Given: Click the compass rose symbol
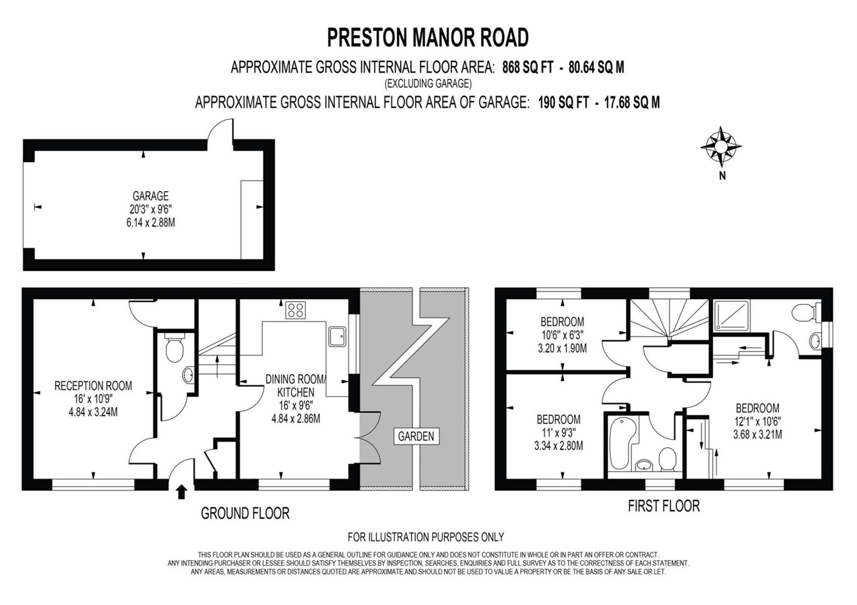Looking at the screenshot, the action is [x=721, y=147].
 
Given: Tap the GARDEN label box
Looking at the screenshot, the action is [x=416, y=436].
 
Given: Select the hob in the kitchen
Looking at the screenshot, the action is [x=295, y=310].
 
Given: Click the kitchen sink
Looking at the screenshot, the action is [x=337, y=337].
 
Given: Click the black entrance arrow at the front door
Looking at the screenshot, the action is [x=182, y=492].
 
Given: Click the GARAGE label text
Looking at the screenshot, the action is [x=150, y=196].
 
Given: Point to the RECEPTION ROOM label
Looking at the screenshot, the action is [x=93, y=386].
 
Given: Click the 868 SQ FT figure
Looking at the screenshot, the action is [x=527, y=68].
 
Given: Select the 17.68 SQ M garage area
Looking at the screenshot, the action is [x=632, y=103].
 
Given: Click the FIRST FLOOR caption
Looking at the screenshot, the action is [x=664, y=506].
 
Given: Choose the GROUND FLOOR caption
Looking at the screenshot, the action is [x=245, y=513].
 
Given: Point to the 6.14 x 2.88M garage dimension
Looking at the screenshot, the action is [x=151, y=222].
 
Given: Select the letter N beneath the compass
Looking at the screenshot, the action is [x=722, y=176].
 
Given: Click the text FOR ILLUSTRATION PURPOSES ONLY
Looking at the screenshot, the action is [x=426, y=537].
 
